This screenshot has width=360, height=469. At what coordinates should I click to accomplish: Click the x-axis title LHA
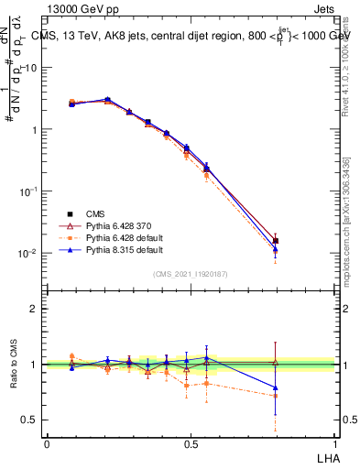click(327, 456)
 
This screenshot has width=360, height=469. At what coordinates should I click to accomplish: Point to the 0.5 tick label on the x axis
click(190, 442)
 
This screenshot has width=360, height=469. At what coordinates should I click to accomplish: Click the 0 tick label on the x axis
click(47, 442)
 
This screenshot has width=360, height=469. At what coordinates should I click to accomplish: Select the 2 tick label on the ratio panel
click(34, 309)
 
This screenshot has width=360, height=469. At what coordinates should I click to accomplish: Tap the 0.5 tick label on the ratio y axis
click(29, 420)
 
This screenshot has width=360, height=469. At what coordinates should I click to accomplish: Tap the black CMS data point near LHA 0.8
click(276, 241)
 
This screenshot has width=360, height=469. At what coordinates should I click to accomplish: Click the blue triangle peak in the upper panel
click(107, 99)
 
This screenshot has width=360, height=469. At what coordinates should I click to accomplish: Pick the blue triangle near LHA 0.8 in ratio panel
click(276, 388)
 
